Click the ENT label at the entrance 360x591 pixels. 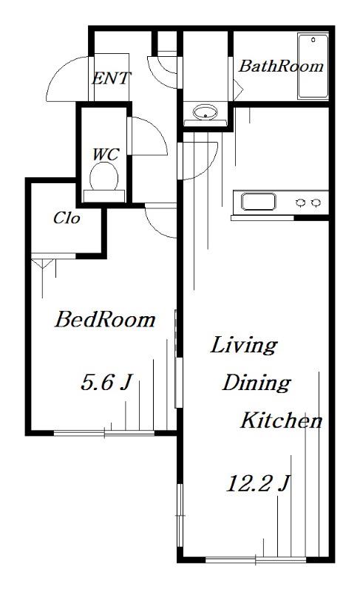pos(111,78)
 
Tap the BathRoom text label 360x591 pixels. pos(281,66)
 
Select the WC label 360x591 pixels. pos(106,154)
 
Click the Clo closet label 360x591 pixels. pos(67,218)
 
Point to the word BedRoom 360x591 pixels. pos(105,320)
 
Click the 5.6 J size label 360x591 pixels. pos(106,382)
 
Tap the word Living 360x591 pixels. pos(244,346)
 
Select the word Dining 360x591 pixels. pos(257,383)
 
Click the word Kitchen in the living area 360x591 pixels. pos(282,420)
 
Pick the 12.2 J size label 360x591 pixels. pos(258,483)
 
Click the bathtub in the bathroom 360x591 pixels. pos(313,66)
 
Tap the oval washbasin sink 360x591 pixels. pos(205,112)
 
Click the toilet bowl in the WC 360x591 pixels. pos(104,177)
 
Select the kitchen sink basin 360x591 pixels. pos(259,202)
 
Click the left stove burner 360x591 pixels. pos(300,202)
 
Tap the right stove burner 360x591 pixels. pos(316,202)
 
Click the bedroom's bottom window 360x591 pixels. pos(104,433)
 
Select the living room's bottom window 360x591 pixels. pos(256,560)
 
